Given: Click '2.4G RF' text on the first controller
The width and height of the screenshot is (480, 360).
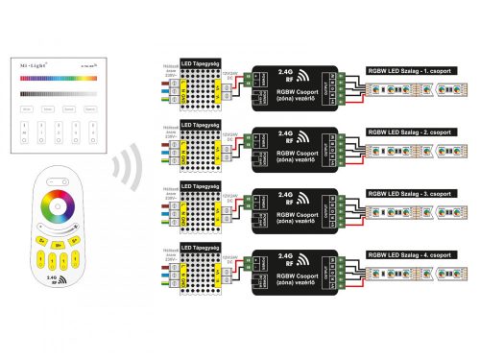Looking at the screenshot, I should [288, 73].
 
